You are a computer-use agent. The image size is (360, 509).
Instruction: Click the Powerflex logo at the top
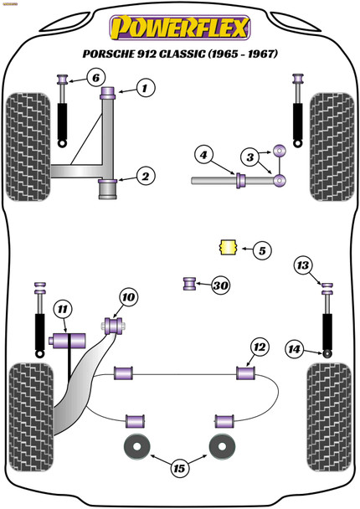[x=180, y=28]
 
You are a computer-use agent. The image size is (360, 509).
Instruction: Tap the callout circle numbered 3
[x=249, y=157]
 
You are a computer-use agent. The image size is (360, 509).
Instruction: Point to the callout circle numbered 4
[x=202, y=154]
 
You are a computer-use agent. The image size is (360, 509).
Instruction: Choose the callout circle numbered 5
[x=262, y=249]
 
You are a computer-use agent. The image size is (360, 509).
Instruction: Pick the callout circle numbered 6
[x=95, y=79]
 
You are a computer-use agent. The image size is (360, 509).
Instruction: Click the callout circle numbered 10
[x=126, y=296]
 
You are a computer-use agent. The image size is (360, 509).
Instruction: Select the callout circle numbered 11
[x=61, y=311]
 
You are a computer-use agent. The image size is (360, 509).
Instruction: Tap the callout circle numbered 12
[x=259, y=347]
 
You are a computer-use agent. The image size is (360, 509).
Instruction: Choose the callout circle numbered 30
[x=220, y=286]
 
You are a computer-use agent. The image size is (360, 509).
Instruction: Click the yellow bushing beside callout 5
[x=224, y=248]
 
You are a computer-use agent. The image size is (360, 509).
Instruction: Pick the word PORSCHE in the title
[x=109, y=54]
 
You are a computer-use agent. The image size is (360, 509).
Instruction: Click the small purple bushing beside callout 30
[x=190, y=285]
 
